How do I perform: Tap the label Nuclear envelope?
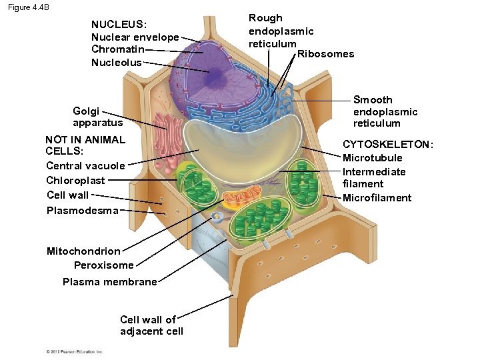point(135,37)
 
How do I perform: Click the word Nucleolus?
point(116,63)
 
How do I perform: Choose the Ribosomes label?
point(325,54)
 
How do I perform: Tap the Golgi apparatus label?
point(89,117)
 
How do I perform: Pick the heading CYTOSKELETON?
point(387,145)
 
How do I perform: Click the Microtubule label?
point(372,158)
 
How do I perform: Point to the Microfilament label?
point(377,198)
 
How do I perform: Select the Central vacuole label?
point(85,166)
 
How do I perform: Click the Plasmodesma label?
point(83,211)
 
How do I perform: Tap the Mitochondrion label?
point(83,251)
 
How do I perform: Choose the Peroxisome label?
point(103,265)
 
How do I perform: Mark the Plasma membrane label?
point(109,282)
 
